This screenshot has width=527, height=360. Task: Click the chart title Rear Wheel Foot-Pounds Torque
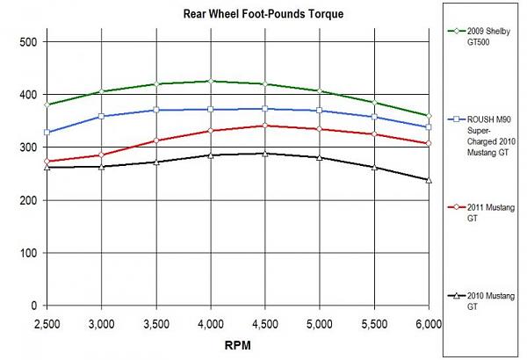tap(239, 14)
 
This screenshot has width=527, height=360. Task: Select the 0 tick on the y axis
tap(32, 306)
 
